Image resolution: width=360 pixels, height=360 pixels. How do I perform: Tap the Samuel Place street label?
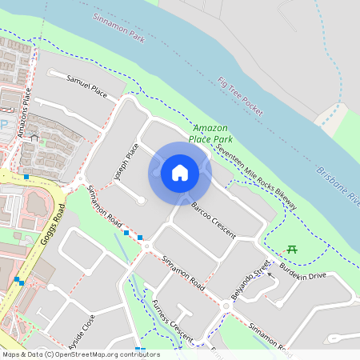click(87, 83)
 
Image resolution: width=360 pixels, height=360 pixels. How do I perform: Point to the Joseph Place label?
click(126, 162)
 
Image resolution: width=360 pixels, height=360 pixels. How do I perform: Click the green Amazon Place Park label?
click(209, 134)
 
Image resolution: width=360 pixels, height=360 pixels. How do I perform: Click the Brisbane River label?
click(339, 185)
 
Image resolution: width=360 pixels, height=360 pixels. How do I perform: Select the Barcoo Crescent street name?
click(213, 219)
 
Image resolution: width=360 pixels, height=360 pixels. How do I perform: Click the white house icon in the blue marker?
click(180, 173)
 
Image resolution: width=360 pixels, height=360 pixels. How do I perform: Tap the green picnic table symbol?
click(292, 250)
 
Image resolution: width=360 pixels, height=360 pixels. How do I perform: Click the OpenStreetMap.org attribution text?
click(81, 354)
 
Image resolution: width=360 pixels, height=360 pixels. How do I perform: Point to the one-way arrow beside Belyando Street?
click(270, 274)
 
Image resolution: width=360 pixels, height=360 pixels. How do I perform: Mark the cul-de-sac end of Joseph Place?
click(141, 200)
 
